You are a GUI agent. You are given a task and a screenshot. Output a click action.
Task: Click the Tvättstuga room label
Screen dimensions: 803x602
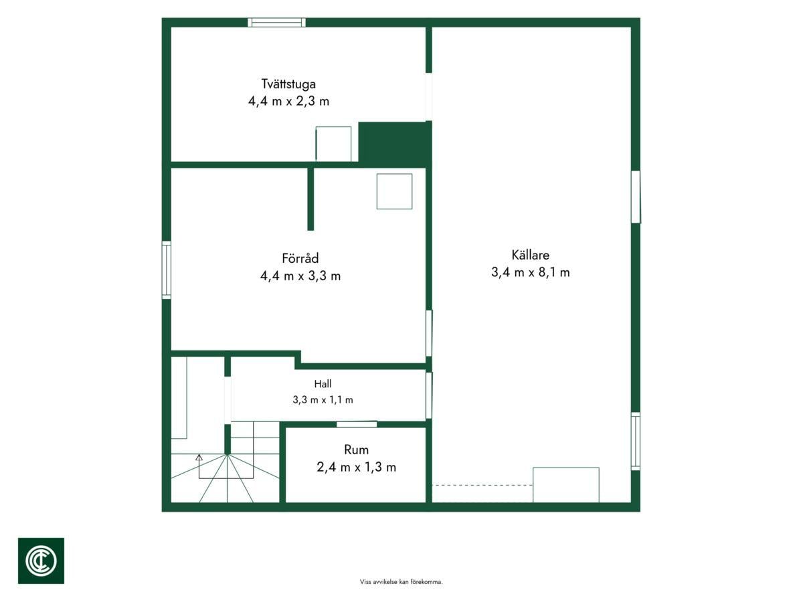click(288, 84)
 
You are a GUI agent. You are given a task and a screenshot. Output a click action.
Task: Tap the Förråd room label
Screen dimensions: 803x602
click(300, 258)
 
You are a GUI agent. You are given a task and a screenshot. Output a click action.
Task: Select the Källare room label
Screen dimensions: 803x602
click(530, 255)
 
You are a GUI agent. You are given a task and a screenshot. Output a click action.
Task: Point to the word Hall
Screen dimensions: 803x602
click(323, 384)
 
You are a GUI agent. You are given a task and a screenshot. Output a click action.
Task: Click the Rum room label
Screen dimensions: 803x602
click(356, 449)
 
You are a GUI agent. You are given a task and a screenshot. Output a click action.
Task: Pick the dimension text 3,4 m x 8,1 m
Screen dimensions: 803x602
click(530, 272)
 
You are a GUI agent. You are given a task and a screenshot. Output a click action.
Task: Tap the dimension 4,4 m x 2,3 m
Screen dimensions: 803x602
click(288, 101)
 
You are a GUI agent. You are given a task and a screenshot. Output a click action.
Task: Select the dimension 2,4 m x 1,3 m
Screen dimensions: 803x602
click(356, 467)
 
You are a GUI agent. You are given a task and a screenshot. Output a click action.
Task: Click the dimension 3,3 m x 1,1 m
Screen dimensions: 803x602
click(323, 400)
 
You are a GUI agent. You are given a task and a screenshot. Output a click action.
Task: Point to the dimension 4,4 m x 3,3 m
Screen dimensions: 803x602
click(300, 276)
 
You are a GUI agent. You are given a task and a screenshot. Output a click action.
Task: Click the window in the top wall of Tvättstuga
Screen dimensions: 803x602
click(276, 22)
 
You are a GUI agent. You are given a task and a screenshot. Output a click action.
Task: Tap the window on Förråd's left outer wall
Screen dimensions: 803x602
click(167, 270)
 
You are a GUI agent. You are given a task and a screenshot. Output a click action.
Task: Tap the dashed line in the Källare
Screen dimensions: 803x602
click(482, 485)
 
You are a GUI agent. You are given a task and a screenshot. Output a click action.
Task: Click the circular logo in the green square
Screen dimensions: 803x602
click(41, 561)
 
